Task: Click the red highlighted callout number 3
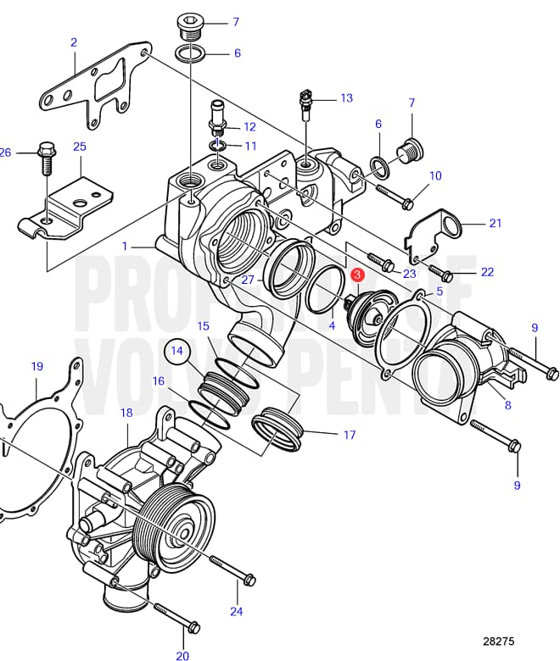pyautogui.click(x=358, y=275)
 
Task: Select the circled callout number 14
pyautogui.click(x=177, y=349)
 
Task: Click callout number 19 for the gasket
pyautogui.click(x=36, y=367)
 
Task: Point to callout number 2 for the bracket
pyautogui.click(x=74, y=42)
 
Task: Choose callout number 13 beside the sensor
pyautogui.click(x=345, y=98)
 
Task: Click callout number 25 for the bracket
pyautogui.click(x=80, y=147)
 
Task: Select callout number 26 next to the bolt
pyautogui.click(x=6, y=153)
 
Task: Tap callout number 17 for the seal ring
pyautogui.click(x=349, y=436)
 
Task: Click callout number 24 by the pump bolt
pyautogui.click(x=236, y=611)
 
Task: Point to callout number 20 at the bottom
pyautogui.click(x=182, y=655)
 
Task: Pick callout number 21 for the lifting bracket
pyautogui.click(x=496, y=223)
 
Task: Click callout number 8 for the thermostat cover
pyautogui.click(x=507, y=406)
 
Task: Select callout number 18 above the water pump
pyautogui.click(x=126, y=413)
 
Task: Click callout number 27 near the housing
pyautogui.click(x=248, y=280)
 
